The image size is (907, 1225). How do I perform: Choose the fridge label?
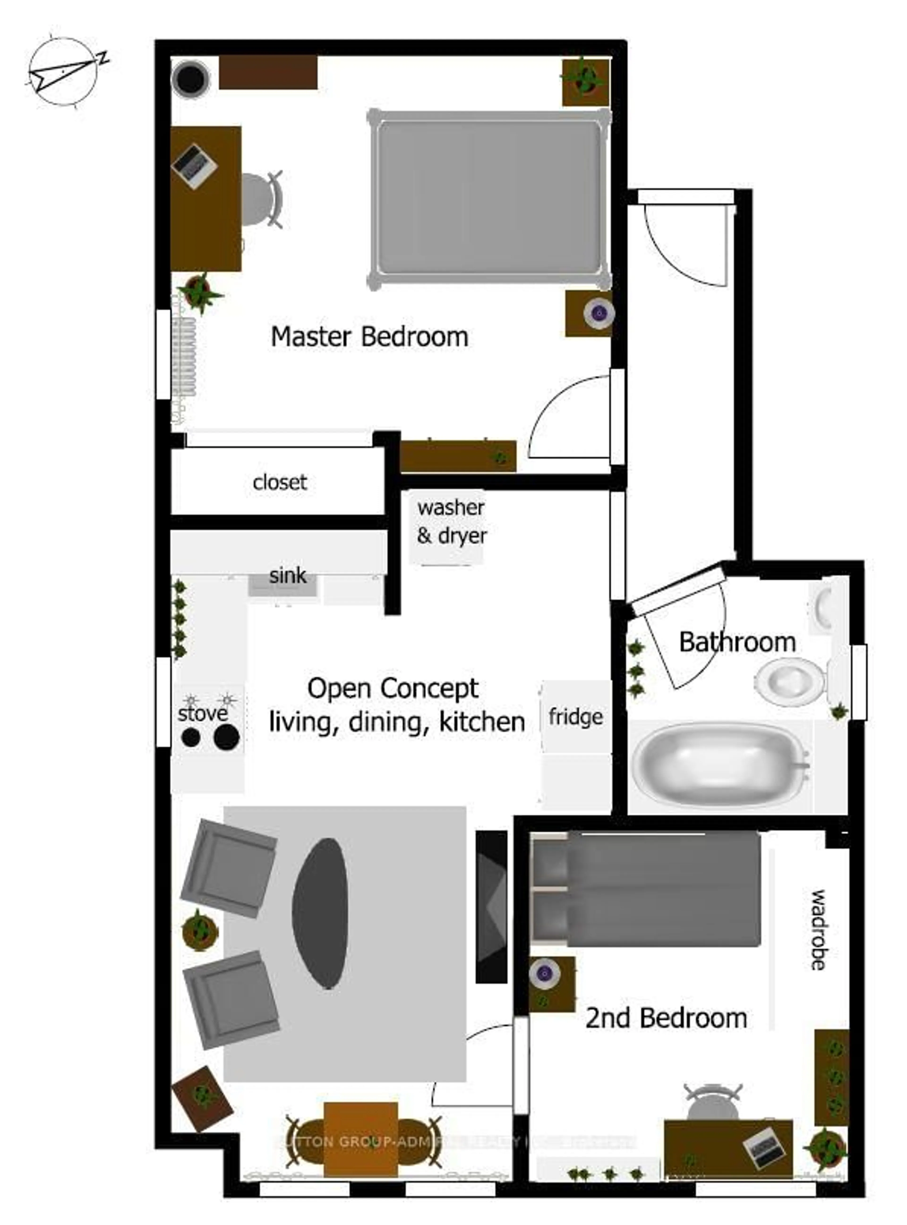[575, 716]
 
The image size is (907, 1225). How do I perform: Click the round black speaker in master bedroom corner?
[190, 78]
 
